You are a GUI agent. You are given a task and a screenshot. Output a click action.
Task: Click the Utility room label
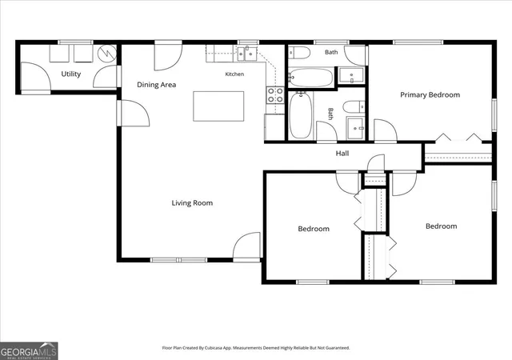pyautogui.click(x=71, y=74)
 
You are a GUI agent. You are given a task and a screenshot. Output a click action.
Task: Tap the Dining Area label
pyautogui.click(x=157, y=85)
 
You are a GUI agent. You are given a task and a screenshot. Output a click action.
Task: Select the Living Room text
pyautogui.click(x=192, y=203)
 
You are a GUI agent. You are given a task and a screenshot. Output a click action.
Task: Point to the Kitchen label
pyautogui.click(x=234, y=74)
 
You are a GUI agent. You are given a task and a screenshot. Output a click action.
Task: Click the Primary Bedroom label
pyautogui.click(x=430, y=94)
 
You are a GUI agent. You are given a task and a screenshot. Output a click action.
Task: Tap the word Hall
pyautogui.click(x=342, y=154)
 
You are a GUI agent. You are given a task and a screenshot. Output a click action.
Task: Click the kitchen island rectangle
pyautogui.click(x=218, y=106)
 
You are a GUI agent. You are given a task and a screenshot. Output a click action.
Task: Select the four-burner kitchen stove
pyautogui.click(x=275, y=95)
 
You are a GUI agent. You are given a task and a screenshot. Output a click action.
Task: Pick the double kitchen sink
pyautogui.click(x=247, y=54)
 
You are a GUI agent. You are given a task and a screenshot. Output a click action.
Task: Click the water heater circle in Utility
pyautogui.click(x=107, y=53)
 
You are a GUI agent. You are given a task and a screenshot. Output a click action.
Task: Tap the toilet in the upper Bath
pyautogui.click(x=298, y=53)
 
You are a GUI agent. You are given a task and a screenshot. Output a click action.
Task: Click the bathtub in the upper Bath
pyautogui.click(x=311, y=78)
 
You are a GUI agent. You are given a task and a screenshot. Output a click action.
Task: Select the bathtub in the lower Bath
pyautogui.click(x=301, y=115)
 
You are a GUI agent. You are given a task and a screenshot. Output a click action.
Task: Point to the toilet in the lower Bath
pyautogui.click(x=354, y=107)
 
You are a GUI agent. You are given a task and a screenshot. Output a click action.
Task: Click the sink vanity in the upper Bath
pyautogui.click(x=350, y=75)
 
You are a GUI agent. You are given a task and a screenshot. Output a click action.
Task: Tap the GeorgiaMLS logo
pyautogui.click(x=29, y=351)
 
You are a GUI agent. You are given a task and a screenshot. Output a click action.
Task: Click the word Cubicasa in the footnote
pyautogui.click(x=214, y=348)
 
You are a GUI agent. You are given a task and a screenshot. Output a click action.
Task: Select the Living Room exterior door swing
pyautogui.click(x=247, y=245)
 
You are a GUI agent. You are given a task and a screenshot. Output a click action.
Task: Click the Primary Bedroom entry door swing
pyautogui.click(x=386, y=130)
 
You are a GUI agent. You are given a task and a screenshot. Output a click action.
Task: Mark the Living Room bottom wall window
pyautogui.click(x=178, y=260)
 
